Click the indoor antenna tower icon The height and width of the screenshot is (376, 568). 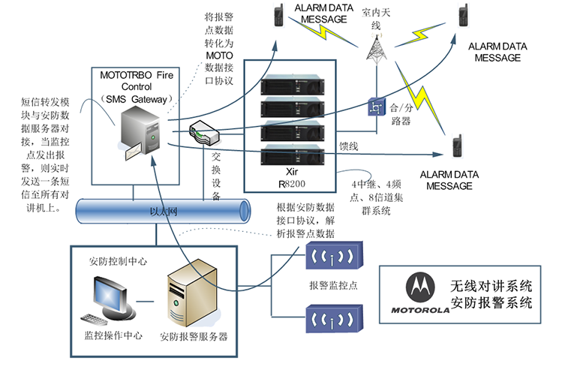pos(375,48)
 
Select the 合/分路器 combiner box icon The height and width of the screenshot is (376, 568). pos(374,107)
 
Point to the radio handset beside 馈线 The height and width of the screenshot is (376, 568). pos(456,146)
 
